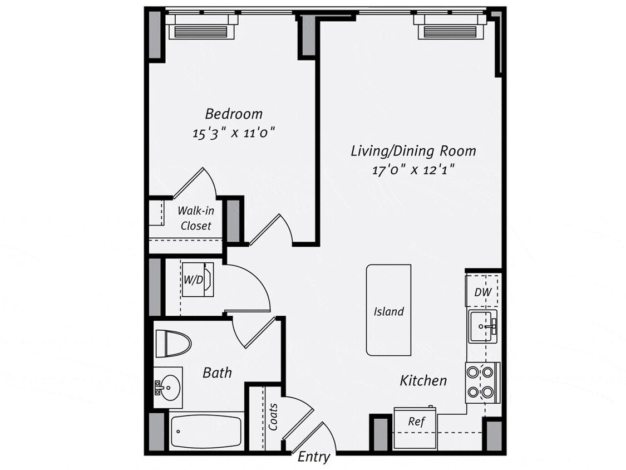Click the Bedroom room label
234,114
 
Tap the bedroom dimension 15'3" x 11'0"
234,133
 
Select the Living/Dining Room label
413,151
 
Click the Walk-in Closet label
195,218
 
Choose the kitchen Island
388,310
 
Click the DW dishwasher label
481,292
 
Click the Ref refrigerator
416,422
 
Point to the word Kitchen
423,381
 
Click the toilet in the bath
172,343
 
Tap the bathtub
206,431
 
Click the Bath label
217,373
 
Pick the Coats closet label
273,417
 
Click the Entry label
314,457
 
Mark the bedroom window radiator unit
201,28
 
